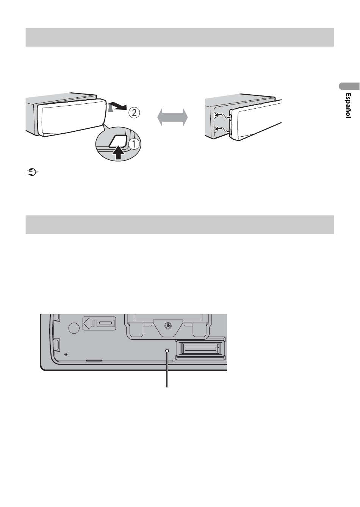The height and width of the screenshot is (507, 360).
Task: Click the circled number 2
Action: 134,112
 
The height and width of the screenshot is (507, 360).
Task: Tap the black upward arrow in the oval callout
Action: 119,153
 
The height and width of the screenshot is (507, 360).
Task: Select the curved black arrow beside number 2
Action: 117,107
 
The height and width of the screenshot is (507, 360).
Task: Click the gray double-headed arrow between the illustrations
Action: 172,117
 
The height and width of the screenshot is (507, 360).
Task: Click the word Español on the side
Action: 348,105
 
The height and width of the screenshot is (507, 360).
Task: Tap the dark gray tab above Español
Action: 349,86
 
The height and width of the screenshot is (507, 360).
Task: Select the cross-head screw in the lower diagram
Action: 168,326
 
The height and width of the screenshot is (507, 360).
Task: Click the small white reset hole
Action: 167,351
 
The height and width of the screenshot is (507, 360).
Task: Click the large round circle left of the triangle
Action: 74,328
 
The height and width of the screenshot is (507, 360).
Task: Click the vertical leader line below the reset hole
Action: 167,370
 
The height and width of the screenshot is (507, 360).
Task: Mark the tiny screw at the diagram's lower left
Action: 66,354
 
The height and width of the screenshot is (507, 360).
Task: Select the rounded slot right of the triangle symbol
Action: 106,323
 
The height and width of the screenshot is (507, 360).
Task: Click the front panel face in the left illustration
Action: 72,118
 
